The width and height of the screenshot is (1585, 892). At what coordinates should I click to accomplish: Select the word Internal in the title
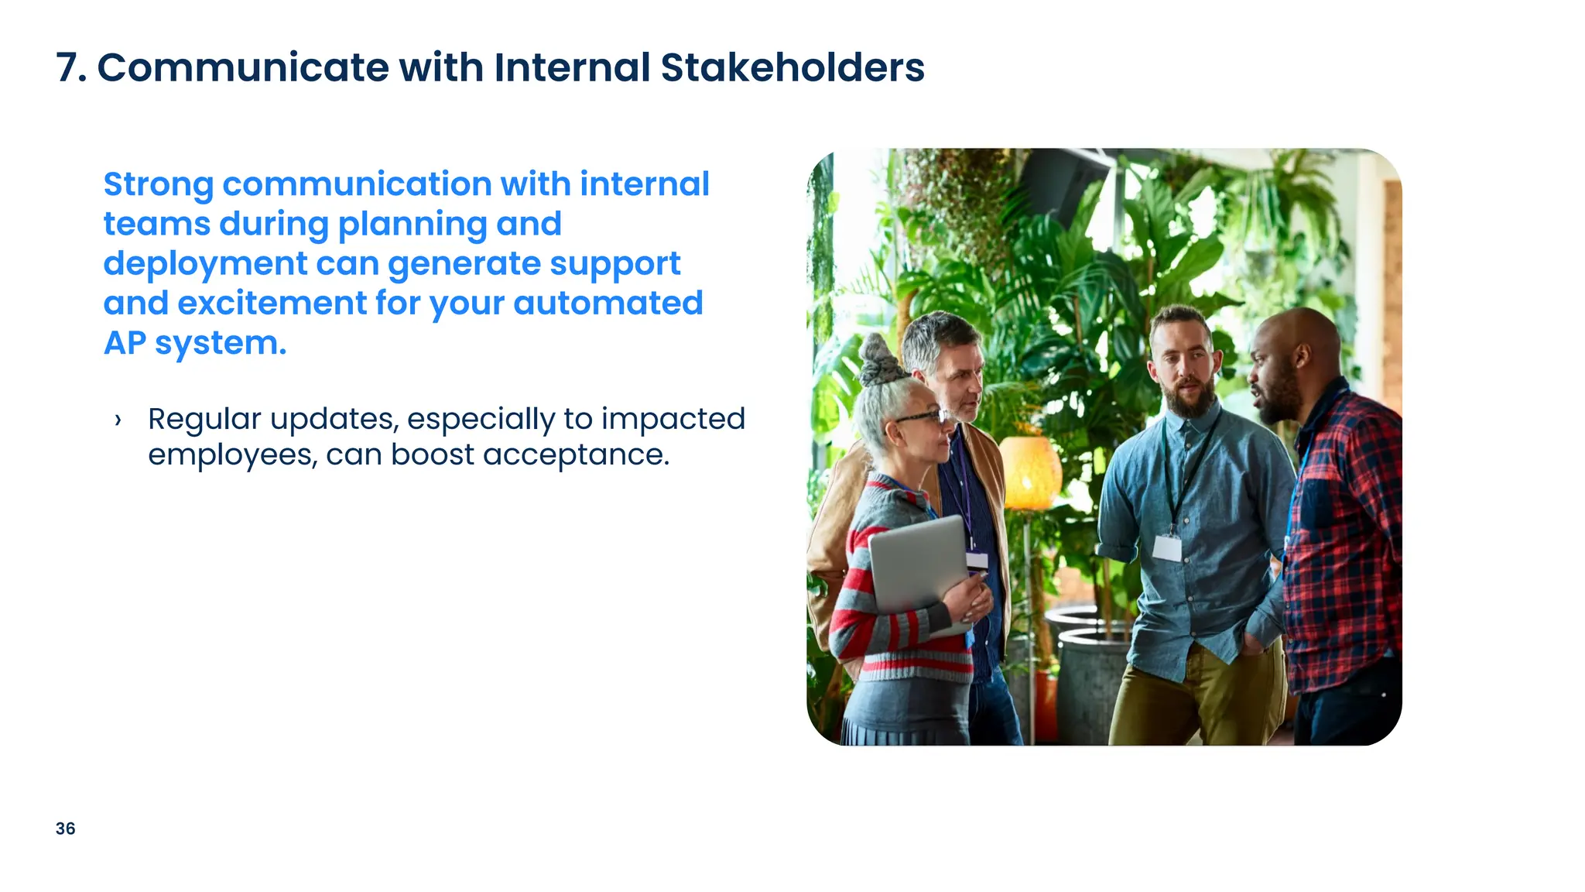pos(571,67)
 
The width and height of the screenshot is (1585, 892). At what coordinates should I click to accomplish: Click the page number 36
pos(66,829)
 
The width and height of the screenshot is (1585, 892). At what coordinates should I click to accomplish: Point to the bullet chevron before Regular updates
pos(118,420)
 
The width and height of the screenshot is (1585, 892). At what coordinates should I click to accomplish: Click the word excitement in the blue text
pos(272,304)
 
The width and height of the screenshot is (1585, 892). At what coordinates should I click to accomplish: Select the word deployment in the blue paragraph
pos(205,264)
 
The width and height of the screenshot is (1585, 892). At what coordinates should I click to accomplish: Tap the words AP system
pos(195,343)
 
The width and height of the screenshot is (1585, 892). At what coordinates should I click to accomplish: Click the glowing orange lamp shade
pos(1029,472)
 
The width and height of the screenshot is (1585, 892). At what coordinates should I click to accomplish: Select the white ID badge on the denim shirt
pos(1166,547)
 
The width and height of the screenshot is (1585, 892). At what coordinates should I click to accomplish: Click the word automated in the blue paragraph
pos(608,304)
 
